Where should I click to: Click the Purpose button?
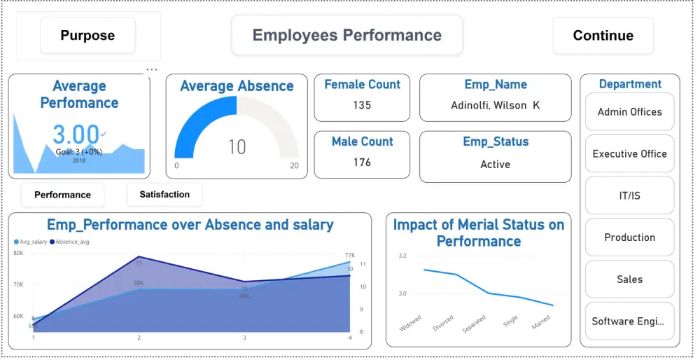(87, 36)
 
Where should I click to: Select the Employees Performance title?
(347, 35)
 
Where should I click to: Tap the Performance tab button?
(62, 195)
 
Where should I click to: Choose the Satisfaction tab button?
(164, 194)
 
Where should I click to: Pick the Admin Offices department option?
(629, 112)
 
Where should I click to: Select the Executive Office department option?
(629, 154)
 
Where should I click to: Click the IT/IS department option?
(629, 195)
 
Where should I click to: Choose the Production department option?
(629, 237)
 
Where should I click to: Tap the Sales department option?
(629, 279)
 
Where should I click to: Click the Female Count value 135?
(362, 106)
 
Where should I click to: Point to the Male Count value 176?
(362, 162)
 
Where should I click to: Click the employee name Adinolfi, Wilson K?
(495, 106)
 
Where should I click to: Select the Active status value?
(495, 165)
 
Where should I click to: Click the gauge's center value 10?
(237, 147)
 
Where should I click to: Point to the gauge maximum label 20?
(294, 166)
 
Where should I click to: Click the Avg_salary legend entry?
(32, 242)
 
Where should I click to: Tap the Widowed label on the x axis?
(411, 323)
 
